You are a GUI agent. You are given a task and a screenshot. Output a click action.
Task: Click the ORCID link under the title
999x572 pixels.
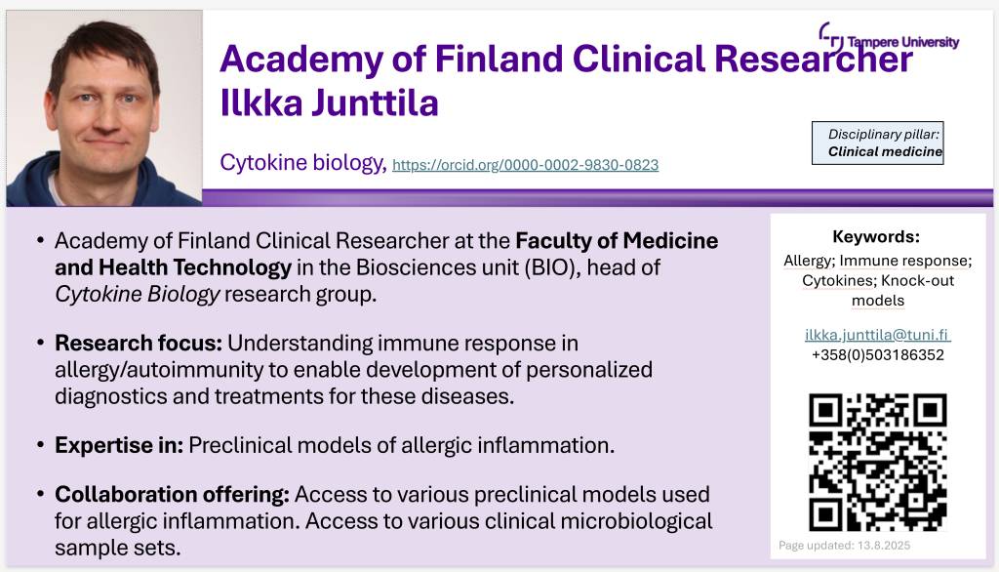point(526,165)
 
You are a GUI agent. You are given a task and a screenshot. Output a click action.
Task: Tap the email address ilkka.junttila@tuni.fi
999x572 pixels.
point(877,335)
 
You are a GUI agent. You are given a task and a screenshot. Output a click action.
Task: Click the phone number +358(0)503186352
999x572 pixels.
point(877,355)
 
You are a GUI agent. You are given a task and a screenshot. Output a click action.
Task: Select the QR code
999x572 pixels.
point(877,463)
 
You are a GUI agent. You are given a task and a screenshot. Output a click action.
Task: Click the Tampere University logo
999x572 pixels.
point(889,38)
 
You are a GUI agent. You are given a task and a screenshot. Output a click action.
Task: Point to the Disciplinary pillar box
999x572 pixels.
point(877,143)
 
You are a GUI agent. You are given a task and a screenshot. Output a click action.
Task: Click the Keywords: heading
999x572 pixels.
point(876,237)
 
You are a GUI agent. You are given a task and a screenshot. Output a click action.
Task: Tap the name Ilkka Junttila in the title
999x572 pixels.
point(330,103)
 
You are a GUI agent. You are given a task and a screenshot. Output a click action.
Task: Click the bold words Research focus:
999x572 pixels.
point(139,343)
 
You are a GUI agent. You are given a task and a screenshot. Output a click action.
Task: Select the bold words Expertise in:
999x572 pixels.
point(119,445)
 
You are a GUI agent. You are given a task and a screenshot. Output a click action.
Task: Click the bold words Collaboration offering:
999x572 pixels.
point(172,494)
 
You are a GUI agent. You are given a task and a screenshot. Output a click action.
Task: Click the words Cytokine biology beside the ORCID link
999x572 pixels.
point(301,163)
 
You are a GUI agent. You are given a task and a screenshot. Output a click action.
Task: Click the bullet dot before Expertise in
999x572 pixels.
point(40,444)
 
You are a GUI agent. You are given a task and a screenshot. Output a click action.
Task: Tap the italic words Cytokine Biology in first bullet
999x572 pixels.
point(137,295)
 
